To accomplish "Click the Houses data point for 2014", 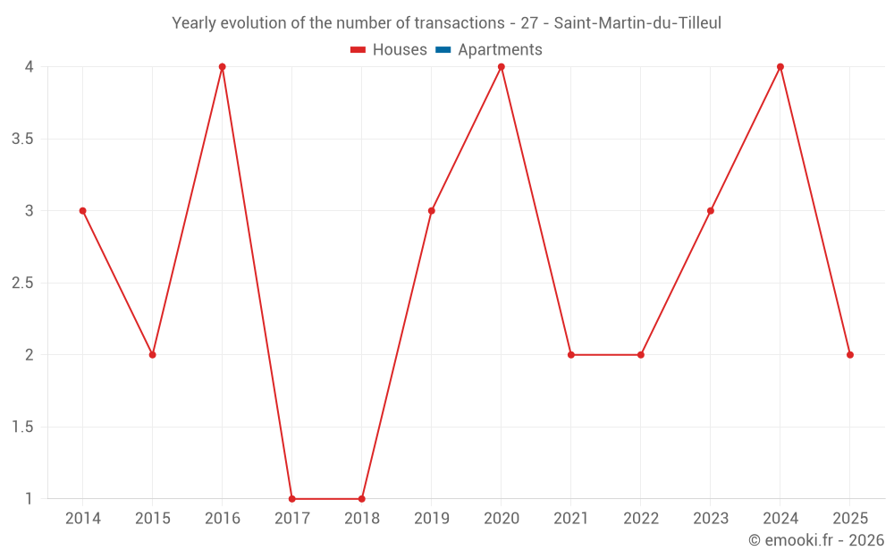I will pyautogui.click(x=83, y=211).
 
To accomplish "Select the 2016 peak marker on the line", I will pyautogui.click(x=223, y=67).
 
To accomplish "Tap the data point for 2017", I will pyautogui.click(x=292, y=499).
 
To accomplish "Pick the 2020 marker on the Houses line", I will pyautogui.click(x=502, y=67).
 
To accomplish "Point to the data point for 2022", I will pyautogui.click(x=641, y=355).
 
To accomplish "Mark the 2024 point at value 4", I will pyautogui.click(x=780, y=67).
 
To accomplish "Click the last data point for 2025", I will pyautogui.click(x=850, y=355).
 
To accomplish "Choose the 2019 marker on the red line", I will pyautogui.click(x=432, y=211).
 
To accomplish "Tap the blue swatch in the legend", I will pyautogui.click(x=443, y=50).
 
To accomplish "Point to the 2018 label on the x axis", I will pyautogui.click(x=362, y=519).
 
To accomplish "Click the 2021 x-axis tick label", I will pyautogui.click(x=571, y=519).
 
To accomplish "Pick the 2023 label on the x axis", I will pyautogui.click(x=711, y=519).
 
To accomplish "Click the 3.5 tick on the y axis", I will pyautogui.click(x=23, y=139).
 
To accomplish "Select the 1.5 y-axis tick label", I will pyautogui.click(x=23, y=427).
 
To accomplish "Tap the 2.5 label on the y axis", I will pyautogui.click(x=23, y=283).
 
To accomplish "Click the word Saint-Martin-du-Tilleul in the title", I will pyautogui.click(x=637, y=23).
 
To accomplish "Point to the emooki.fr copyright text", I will pyautogui.click(x=816, y=540).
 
